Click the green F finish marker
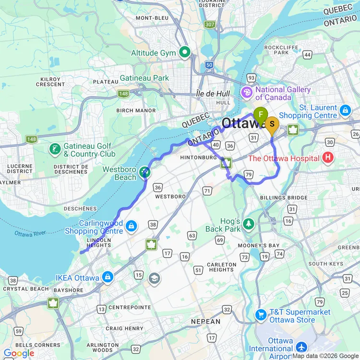click(x=260, y=115)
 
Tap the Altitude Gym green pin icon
click(x=184, y=51)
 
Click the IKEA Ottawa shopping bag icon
click(x=108, y=277)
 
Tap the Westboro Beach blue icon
click(x=144, y=172)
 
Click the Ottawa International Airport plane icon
click(x=302, y=347)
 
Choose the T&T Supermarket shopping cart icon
click(x=261, y=315)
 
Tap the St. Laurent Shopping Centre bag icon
click(x=345, y=111)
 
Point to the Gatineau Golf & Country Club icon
click(x=55, y=149)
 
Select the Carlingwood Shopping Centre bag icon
click(x=131, y=226)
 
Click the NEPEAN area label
click(x=205, y=322)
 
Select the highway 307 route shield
click(x=209, y=24)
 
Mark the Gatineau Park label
click(x=144, y=78)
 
